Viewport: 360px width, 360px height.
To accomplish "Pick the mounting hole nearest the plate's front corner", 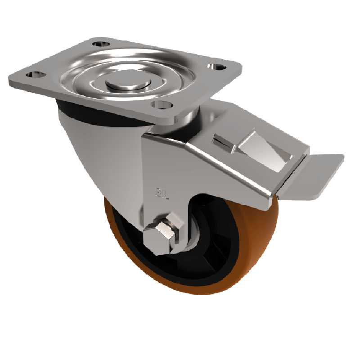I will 160,105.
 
